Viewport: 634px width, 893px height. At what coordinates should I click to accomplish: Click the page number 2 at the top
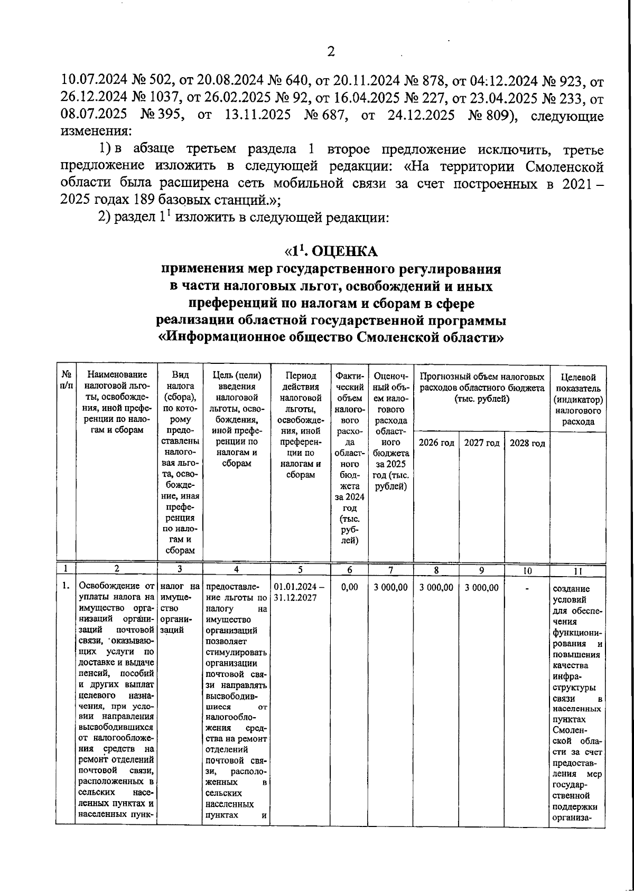click(x=331, y=52)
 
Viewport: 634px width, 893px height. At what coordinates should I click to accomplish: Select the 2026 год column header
click(x=436, y=443)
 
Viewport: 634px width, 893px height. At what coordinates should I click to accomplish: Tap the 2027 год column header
click(x=482, y=443)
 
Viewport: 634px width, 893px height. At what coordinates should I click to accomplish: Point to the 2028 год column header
click(x=527, y=443)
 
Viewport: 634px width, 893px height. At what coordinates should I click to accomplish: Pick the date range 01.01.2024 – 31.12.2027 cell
click(x=300, y=592)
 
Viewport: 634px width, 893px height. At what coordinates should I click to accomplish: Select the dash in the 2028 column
click(x=527, y=587)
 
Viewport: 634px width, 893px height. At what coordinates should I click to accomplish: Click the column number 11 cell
click(x=577, y=571)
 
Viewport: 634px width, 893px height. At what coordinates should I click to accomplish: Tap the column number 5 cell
click(x=300, y=570)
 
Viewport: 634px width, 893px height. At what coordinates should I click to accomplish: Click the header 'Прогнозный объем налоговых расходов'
click(x=482, y=388)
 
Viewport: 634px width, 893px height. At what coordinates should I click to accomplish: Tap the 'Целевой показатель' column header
click(x=577, y=399)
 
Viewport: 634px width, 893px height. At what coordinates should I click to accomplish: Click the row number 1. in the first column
click(x=66, y=586)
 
